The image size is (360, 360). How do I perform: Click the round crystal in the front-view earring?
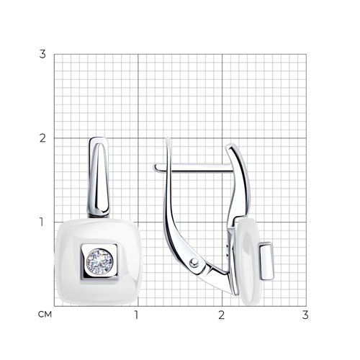(x=99, y=262)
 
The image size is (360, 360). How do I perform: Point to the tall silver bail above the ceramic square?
(x=99, y=177)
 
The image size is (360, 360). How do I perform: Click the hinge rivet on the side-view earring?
(x=194, y=263)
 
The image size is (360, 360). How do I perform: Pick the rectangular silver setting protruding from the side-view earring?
(x=266, y=261)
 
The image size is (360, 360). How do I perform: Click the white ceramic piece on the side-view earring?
(x=248, y=261)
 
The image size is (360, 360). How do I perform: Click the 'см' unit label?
(x=45, y=314)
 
